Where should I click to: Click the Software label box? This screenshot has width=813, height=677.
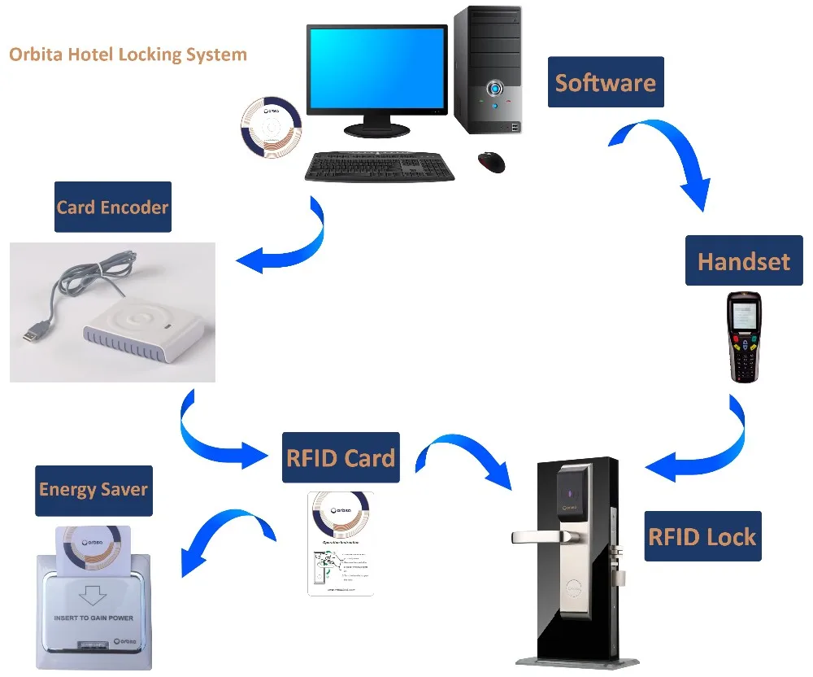pos(605,82)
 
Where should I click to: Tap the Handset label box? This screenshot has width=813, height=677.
pos(743,260)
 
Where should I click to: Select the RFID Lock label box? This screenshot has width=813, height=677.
pos(702,536)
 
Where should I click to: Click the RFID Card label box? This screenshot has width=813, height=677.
pos(341,457)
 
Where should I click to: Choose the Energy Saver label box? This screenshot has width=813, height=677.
pos(93,490)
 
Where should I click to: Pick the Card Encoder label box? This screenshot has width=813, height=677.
pos(112,207)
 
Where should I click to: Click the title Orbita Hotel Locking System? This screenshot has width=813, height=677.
pos(128,55)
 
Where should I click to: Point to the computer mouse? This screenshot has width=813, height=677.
pos(491,161)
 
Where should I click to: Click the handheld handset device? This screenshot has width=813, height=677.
pos(743,336)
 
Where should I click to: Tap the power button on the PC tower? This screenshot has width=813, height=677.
pos(493,87)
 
